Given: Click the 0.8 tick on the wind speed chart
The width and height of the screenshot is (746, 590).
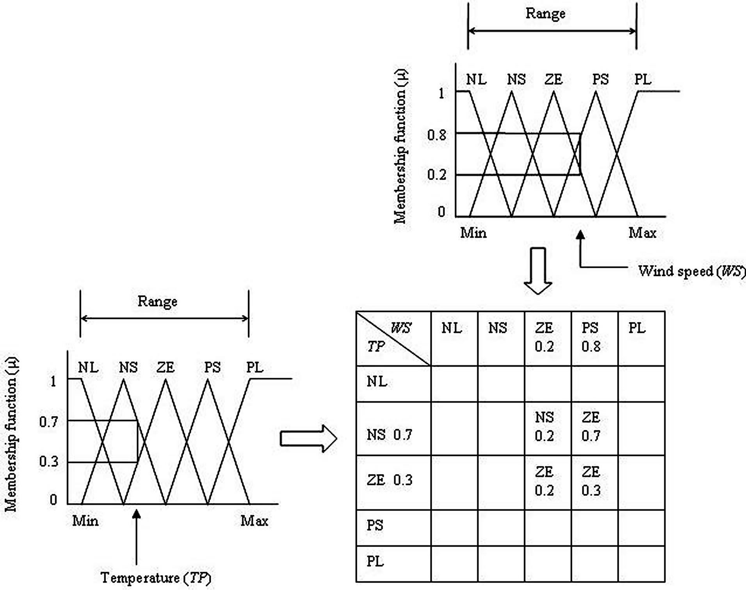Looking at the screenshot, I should pos(437,135).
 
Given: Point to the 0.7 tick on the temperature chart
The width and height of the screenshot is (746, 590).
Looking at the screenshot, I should pos(49,422).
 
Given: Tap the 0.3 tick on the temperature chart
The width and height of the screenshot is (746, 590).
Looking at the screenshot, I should pos(49,462).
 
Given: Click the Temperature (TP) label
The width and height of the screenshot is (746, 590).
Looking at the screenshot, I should pos(156,578).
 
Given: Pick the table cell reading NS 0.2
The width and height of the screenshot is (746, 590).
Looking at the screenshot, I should pos(545,426).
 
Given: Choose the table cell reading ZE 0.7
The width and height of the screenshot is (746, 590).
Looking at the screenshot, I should pos(591,426).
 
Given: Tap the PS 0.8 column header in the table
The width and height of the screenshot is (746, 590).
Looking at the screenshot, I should pos(591,337).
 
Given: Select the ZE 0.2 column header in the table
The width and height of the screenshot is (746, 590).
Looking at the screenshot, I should pos(544,337).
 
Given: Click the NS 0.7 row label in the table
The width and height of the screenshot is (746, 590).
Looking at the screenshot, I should pos(390,435).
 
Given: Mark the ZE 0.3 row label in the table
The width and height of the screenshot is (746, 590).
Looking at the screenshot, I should pos(390,480).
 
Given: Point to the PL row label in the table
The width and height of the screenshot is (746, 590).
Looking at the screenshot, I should pos(375,561).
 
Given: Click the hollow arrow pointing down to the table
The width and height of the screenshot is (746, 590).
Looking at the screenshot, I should pos(538,271).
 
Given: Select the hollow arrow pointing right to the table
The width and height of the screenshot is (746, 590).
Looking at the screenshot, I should pos(308,438).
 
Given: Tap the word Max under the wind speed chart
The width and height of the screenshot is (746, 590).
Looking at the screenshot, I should pos(643,233).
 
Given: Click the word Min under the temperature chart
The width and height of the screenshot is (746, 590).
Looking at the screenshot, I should pos(85,521).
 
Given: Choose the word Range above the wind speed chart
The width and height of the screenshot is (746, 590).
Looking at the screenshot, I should pos(545,14).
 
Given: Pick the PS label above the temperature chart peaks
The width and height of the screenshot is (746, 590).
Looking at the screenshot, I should pos(212,367).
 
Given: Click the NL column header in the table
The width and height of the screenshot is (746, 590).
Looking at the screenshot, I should pos(452,328).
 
